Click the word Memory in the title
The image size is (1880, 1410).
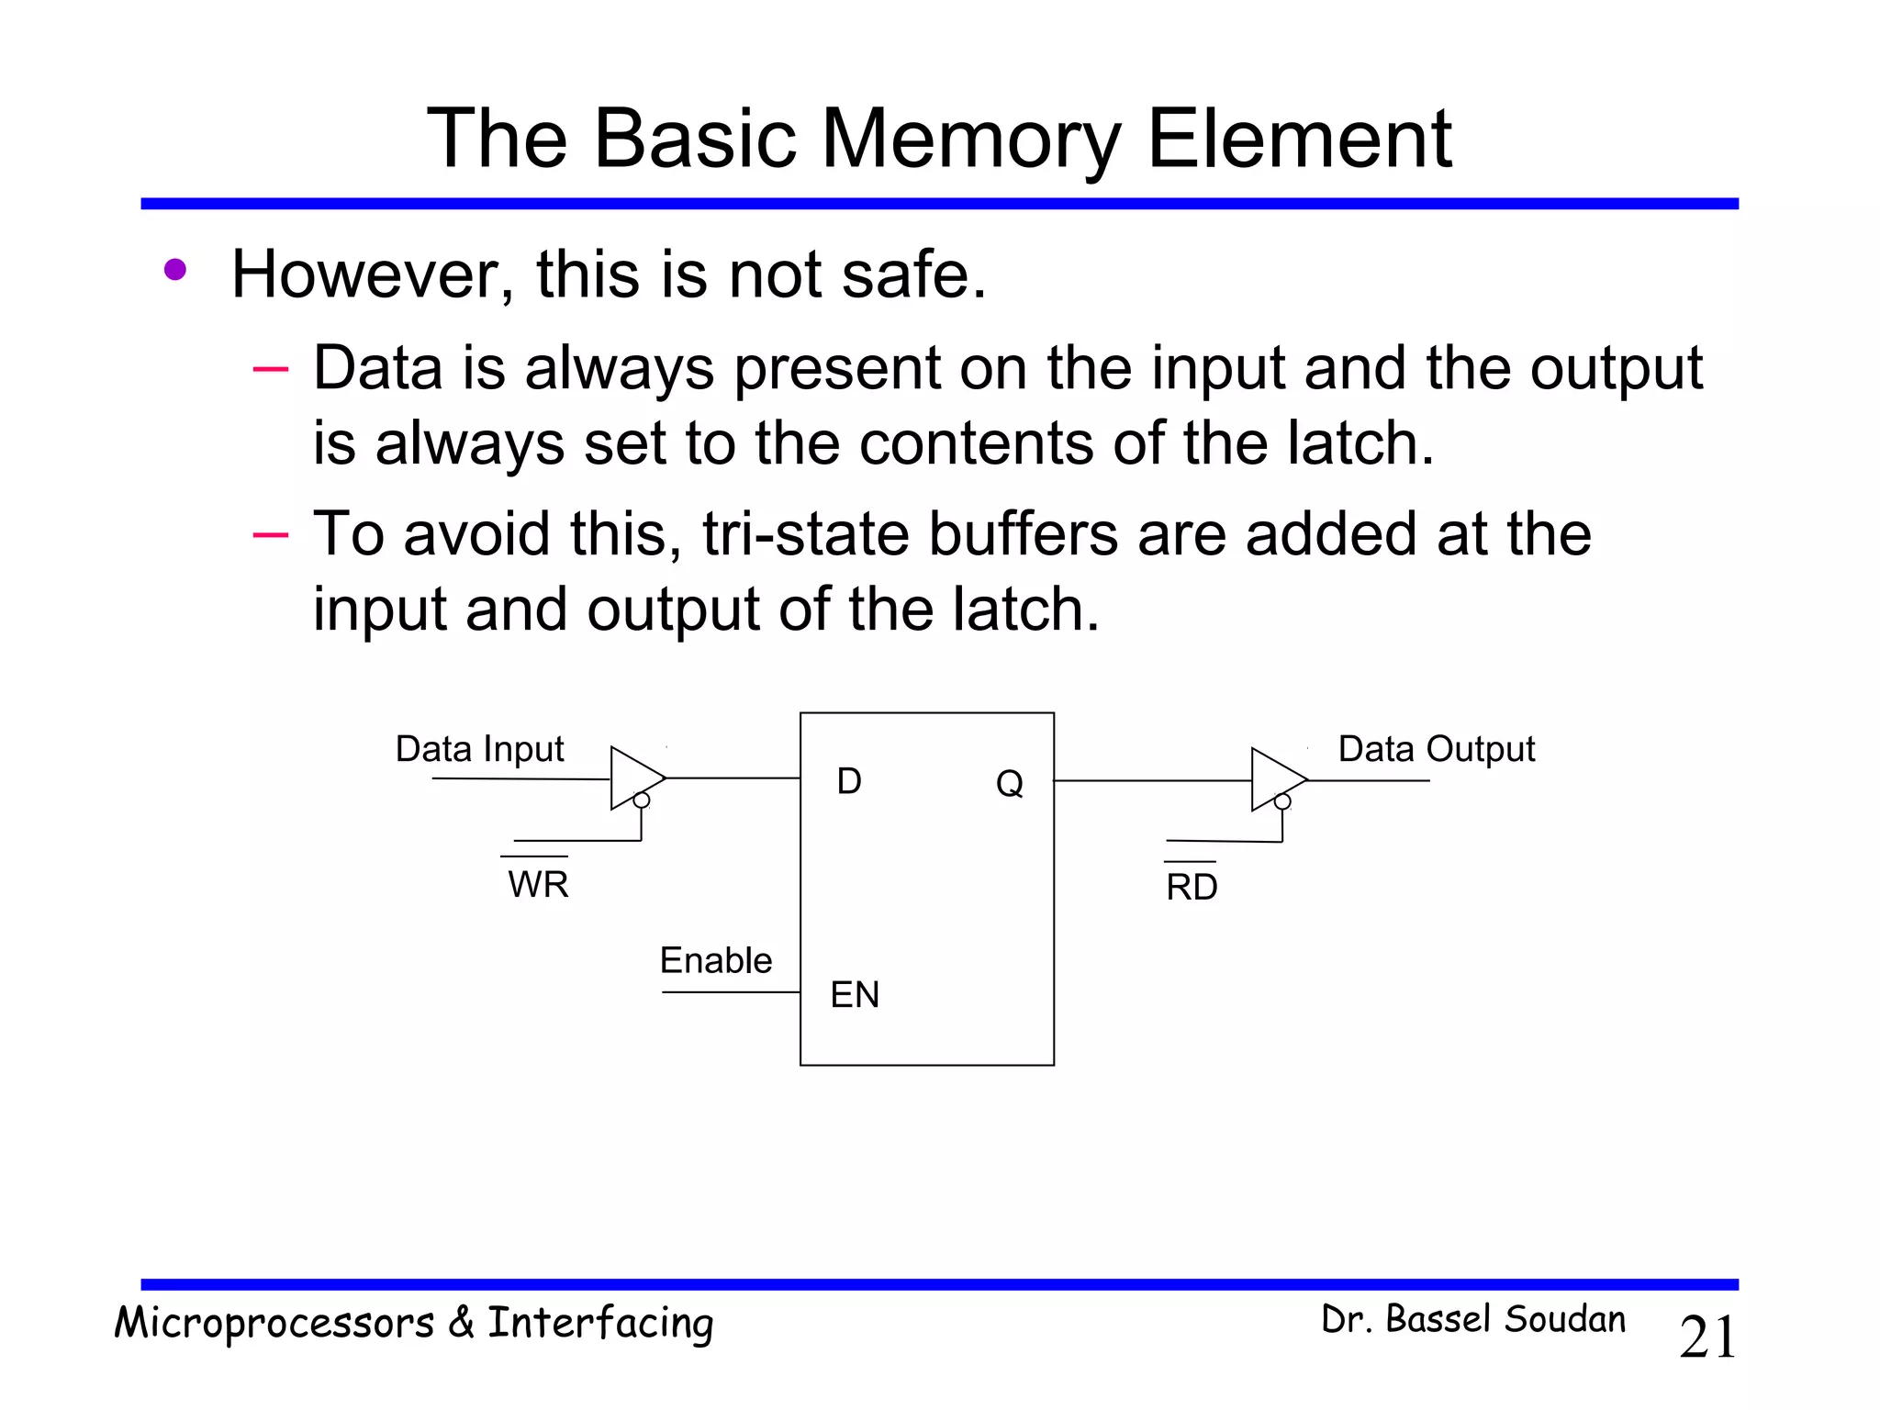970,140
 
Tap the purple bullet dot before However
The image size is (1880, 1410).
175,270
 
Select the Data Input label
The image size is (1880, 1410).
479,749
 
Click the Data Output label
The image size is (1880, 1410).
1436,749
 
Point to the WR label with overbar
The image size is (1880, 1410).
538,883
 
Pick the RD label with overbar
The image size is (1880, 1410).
1192,886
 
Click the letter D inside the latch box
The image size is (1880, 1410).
849,781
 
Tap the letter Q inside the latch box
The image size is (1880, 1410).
1009,783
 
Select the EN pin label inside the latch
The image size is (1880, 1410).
855,994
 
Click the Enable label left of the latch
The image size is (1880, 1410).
716,960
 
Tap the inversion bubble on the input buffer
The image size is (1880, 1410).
642,800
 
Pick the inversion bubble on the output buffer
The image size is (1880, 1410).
1282,802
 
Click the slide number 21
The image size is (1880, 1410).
1708,1337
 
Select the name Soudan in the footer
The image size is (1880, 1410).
1565,1319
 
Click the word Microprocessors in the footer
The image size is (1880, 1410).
274,1323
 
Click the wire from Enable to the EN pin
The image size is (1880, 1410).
731,992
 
